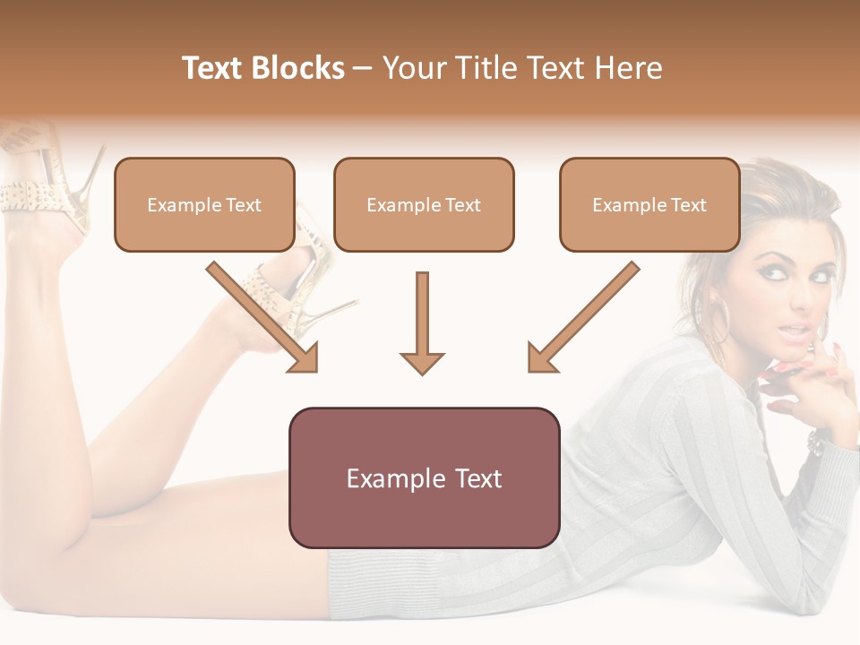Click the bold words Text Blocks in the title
tap(263, 68)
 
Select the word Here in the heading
tap(626, 68)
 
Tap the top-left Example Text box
tap(204, 205)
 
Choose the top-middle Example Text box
tap(424, 205)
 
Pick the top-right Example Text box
tap(649, 205)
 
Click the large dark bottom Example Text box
tap(424, 478)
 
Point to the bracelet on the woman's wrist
tap(817, 440)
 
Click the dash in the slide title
tap(363, 68)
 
